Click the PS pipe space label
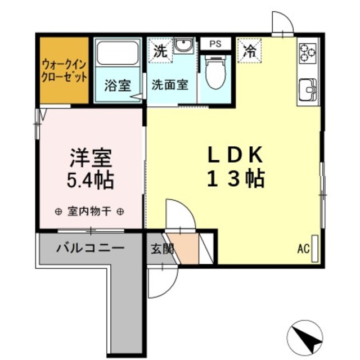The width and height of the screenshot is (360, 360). [215, 44]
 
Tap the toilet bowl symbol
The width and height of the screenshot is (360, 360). [215, 73]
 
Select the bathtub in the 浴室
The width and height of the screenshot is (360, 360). [118, 53]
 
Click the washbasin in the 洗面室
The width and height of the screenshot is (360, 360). [183, 45]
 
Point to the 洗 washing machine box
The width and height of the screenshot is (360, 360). [160, 51]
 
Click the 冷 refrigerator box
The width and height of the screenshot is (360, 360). [250, 51]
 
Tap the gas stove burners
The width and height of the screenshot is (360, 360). [308, 53]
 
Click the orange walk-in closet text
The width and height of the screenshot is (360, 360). [65, 71]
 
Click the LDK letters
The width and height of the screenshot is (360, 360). [235, 155]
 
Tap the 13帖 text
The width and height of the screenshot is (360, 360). [236, 179]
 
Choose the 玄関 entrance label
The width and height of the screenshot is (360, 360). [162, 249]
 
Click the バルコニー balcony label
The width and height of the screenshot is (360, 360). [91, 248]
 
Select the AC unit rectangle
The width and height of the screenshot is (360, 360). [315, 249]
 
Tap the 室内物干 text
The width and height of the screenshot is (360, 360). [89, 211]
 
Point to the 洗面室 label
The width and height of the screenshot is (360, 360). [170, 85]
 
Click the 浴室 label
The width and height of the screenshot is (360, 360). [118, 85]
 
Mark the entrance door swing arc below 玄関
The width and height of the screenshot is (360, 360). [170, 290]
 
